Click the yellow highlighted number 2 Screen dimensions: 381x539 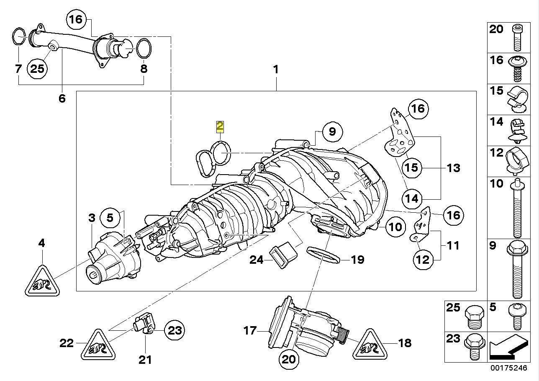pyautogui.click(x=219, y=126)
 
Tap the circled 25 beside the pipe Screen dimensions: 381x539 pyautogui.click(x=37, y=68)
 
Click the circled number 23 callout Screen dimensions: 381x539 pyautogui.click(x=174, y=331)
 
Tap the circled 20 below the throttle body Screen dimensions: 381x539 pyautogui.click(x=289, y=359)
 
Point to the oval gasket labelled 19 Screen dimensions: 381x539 pyautogui.click(x=323, y=255)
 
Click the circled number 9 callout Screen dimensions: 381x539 pyautogui.click(x=332, y=131)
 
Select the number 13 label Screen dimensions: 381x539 pyautogui.click(x=453, y=168)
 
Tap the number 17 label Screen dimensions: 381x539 pyautogui.click(x=249, y=331)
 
